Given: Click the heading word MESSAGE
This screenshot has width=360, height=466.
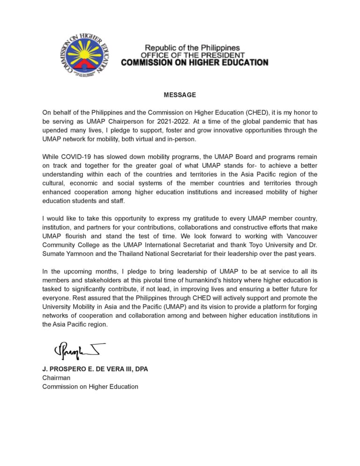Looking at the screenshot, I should point(180,95).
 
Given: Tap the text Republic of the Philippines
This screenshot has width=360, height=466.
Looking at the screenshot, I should point(192,48).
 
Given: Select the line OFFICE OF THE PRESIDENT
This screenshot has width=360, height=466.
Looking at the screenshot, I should point(193,55).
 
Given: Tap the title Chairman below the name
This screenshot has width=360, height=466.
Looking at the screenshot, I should point(56,378).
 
